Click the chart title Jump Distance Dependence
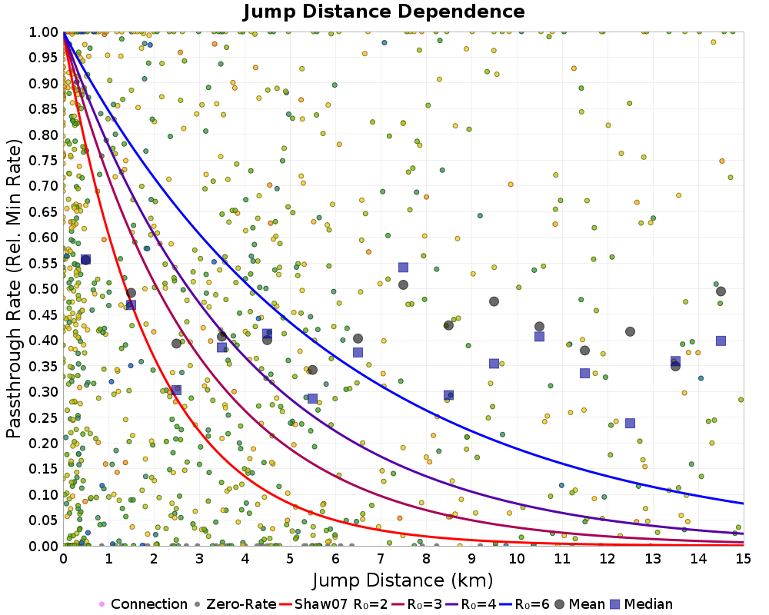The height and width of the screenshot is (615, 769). pyautogui.click(x=384, y=12)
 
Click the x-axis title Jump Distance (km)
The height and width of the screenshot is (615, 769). pyautogui.click(x=403, y=579)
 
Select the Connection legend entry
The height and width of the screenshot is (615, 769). pyautogui.click(x=143, y=604)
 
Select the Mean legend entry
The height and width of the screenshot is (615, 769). pyautogui.click(x=578, y=604)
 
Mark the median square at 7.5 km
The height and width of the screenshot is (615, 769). pyautogui.click(x=403, y=268)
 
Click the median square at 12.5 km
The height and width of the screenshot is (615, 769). pyautogui.click(x=630, y=423)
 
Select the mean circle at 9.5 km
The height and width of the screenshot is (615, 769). pyautogui.click(x=494, y=301)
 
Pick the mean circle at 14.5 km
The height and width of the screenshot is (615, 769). pyautogui.click(x=721, y=291)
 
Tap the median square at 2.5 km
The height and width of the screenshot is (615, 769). pyautogui.click(x=176, y=390)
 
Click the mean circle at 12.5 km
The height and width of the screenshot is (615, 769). pyautogui.click(x=630, y=331)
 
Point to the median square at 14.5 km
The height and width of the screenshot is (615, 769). pyautogui.click(x=721, y=341)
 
